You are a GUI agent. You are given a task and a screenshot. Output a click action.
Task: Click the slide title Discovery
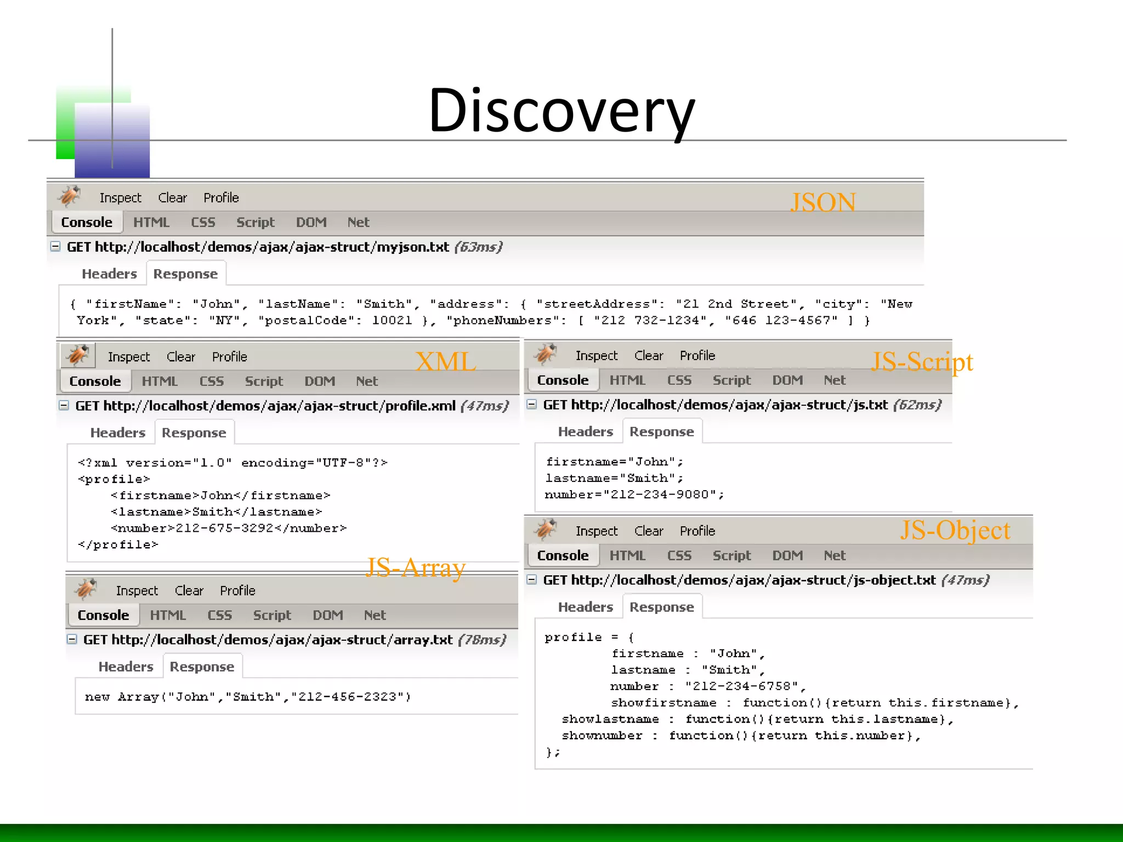[561, 111]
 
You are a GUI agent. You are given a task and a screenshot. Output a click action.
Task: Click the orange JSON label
[823, 202]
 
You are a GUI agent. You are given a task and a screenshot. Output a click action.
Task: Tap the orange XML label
[446, 362]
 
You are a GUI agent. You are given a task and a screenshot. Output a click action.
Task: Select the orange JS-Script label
[922, 362]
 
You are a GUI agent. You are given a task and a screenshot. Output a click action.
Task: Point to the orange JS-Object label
[955, 530]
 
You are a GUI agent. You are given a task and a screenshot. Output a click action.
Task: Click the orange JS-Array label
[415, 567]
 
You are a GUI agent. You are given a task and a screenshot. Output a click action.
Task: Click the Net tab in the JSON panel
[358, 223]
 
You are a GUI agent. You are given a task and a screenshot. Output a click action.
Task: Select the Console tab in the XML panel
[95, 382]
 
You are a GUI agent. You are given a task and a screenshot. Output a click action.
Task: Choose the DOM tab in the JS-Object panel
[787, 556]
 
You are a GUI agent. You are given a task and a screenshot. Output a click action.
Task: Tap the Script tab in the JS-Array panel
[272, 616]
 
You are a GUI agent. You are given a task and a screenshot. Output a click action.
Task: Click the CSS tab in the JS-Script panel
[679, 380]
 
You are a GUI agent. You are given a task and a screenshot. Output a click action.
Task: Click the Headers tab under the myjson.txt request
[109, 274]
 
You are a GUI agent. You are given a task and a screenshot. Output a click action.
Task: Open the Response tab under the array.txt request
[202, 667]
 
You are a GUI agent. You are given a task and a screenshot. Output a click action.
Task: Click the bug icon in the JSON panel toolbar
[70, 196]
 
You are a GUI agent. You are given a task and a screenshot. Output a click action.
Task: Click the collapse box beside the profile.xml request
[64, 406]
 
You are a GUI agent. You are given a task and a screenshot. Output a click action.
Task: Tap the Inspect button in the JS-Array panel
[137, 591]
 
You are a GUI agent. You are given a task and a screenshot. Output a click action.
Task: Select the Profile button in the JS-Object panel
[697, 531]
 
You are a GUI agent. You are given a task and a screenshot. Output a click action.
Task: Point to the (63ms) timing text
[478, 247]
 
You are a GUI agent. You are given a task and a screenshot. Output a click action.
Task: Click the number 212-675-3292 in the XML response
[224, 528]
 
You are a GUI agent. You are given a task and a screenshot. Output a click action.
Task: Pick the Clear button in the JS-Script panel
[649, 356]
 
